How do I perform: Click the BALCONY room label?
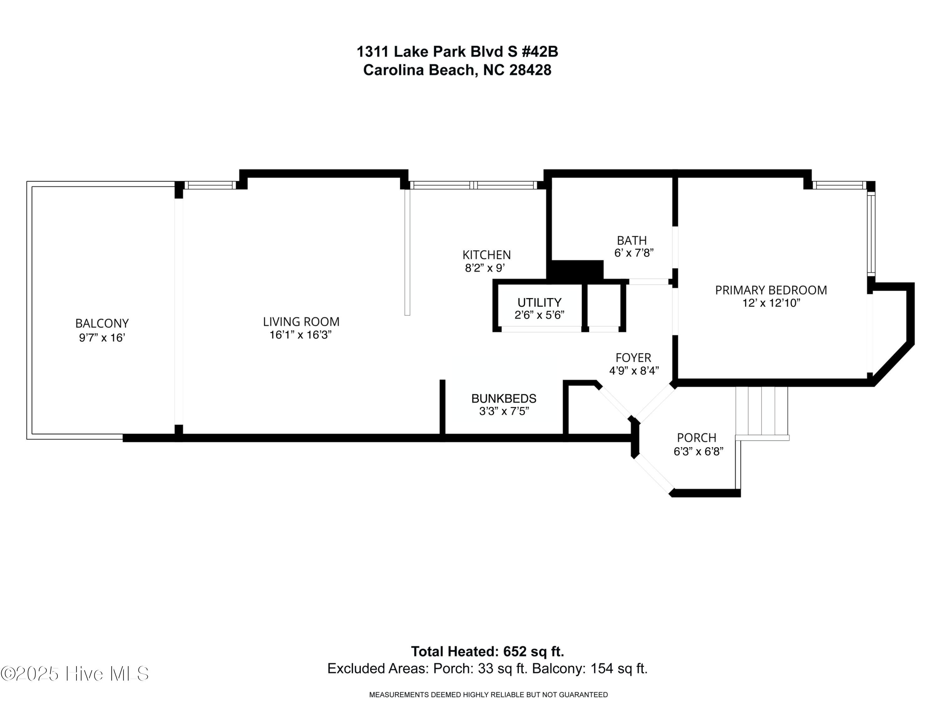point(102,324)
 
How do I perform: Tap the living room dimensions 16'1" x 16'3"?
point(300,335)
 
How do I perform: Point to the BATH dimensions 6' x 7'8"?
point(633,253)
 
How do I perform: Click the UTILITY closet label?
point(539,302)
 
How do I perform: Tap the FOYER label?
point(633,357)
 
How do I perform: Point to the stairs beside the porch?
point(762,411)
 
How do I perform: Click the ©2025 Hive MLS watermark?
point(75,674)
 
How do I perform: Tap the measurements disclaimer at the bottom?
point(488,695)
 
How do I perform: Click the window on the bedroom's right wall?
point(871,233)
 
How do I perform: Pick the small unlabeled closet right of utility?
point(604,305)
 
